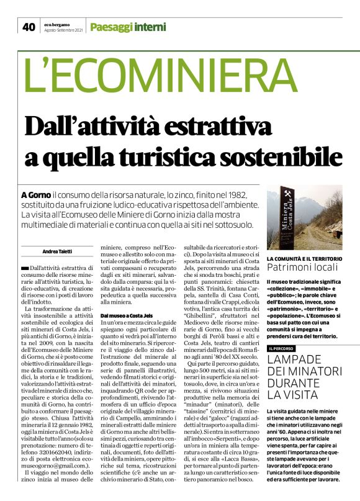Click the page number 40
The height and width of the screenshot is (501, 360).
coord(29,26)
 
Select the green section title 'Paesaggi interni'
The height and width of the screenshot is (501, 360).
coord(127,26)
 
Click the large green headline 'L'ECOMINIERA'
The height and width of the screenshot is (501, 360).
coord(157,75)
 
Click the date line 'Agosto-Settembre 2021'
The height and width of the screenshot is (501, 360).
coord(62,30)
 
